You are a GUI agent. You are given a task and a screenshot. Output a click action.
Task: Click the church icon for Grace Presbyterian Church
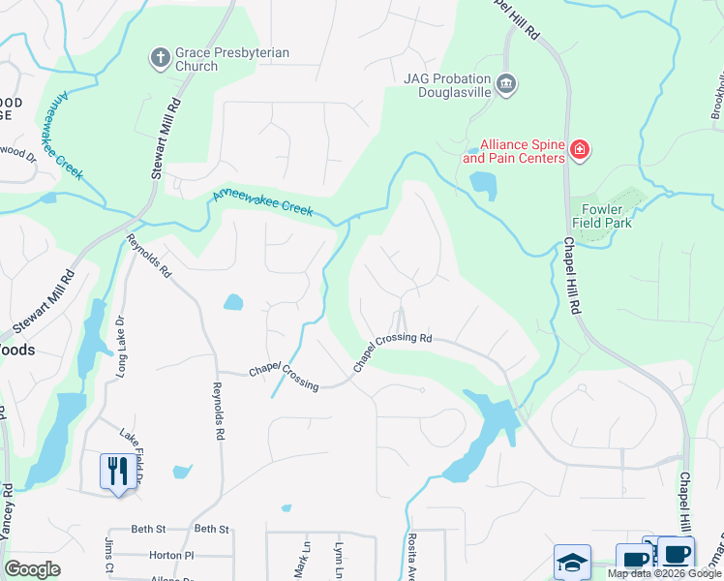[x=161, y=57]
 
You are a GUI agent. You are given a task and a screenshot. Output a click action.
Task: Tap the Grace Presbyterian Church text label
[x=231, y=60]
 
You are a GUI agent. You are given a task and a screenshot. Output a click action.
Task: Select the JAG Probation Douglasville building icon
[x=505, y=85]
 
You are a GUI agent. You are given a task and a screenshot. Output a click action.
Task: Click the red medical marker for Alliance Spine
[x=579, y=150]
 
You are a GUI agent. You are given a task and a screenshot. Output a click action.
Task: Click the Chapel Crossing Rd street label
[x=391, y=350]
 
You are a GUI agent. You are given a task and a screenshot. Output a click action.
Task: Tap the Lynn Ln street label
[x=339, y=560]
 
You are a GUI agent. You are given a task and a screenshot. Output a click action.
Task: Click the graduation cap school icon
[x=572, y=561]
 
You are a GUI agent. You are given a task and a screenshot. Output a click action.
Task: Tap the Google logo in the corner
[x=32, y=569]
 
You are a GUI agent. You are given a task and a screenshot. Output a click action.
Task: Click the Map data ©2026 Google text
[x=664, y=574]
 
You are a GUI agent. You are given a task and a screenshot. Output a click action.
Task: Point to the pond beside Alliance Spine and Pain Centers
[x=482, y=183]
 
